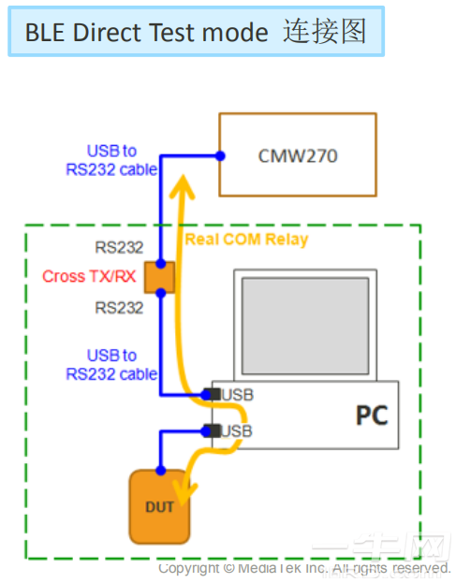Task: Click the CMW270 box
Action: click(x=297, y=154)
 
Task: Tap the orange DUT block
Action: click(x=160, y=506)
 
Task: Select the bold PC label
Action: click(x=371, y=415)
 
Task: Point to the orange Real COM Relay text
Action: click(x=246, y=240)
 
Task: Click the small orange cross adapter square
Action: click(x=160, y=277)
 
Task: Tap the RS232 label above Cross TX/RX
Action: click(x=119, y=249)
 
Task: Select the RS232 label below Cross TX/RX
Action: click(x=119, y=308)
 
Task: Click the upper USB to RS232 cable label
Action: click(x=111, y=159)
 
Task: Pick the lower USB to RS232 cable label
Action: click(x=111, y=364)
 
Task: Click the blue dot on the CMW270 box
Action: click(x=220, y=154)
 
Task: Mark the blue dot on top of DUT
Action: click(x=160, y=470)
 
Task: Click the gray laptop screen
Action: click(x=304, y=322)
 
